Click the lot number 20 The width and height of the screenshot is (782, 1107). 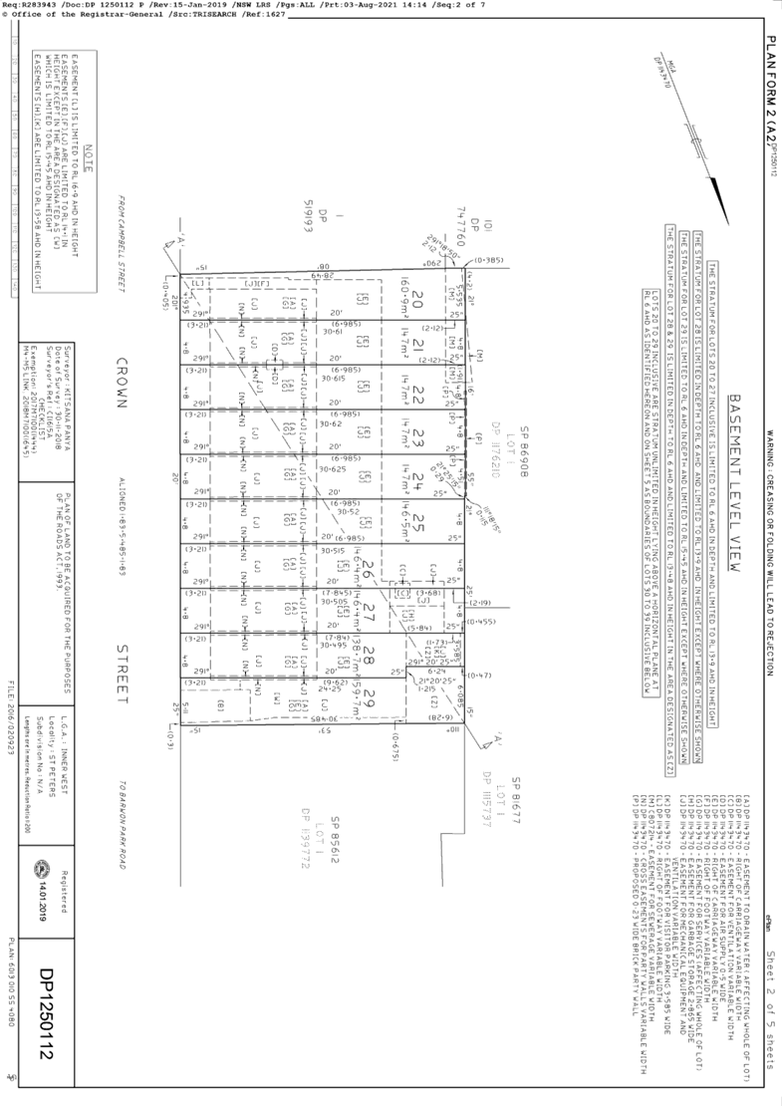coord(417,300)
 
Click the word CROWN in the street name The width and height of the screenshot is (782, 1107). coord(123,384)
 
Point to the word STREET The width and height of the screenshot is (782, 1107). coord(123,677)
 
